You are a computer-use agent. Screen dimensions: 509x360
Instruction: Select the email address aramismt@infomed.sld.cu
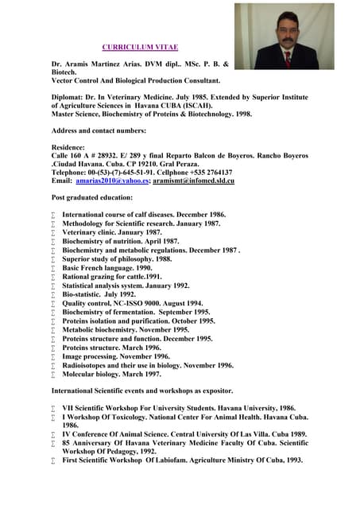pyautogui.click(x=193, y=181)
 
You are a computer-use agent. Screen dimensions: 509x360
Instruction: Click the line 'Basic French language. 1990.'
pyautogui.click(x=106, y=268)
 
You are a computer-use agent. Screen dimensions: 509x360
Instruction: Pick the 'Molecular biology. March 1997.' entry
pyautogui.click(x=112, y=374)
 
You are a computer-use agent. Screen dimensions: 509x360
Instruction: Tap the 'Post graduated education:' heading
pyautogui.click(x=92, y=197)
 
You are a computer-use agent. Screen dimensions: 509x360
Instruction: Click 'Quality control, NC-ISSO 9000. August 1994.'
pyautogui.click(x=132, y=303)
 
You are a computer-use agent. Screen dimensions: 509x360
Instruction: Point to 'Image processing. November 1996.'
pyautogui.click(x=116, y=356)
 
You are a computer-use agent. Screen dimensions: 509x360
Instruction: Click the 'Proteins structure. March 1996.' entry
pyautogui.click(x=111, y=348)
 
